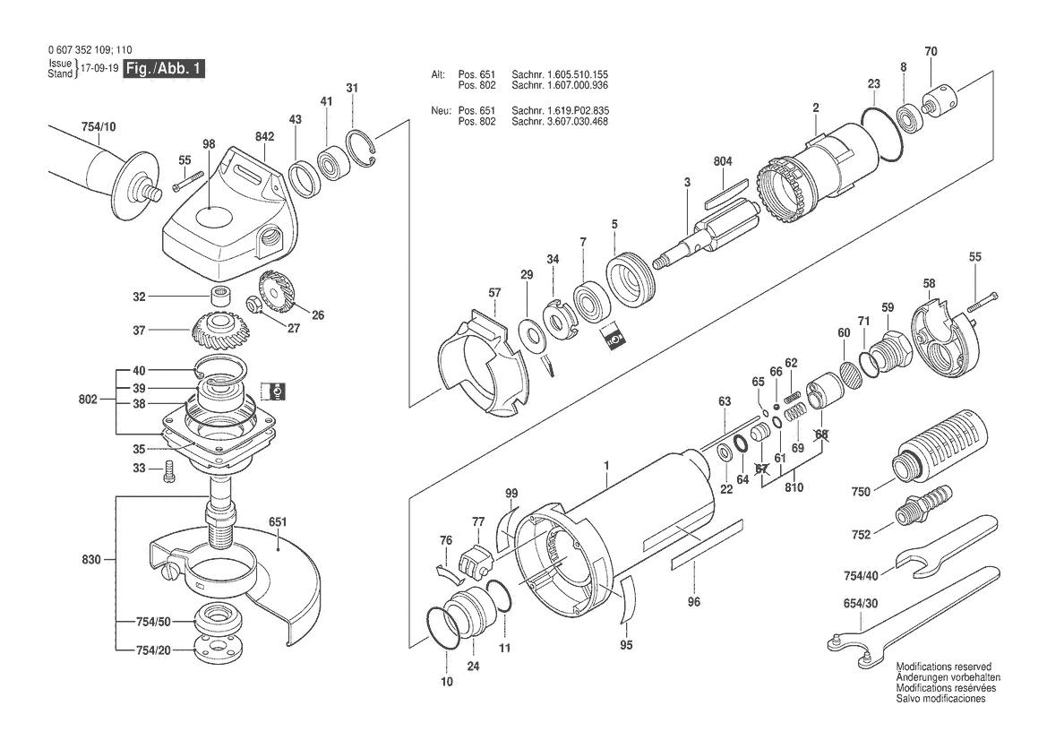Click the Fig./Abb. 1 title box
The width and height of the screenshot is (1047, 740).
point(164,69)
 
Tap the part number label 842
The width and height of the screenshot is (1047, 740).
point(264,136)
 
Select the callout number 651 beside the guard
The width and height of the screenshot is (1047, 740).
point(277,521)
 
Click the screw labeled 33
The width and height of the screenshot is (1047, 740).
point(169,471)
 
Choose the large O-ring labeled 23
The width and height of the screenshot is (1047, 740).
point(883,133)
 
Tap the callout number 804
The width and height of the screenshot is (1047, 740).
point(723,161)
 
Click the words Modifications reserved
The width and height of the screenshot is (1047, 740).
point(943,667)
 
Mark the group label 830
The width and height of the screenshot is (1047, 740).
point(90,560)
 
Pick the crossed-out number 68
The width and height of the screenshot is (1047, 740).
point(821,435)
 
